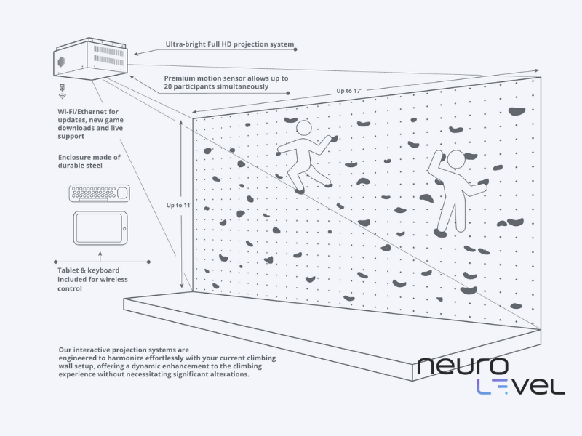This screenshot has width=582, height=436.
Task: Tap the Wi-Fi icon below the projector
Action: click(x=62, y=95)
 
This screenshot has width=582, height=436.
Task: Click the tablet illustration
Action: click(x=102, y=228)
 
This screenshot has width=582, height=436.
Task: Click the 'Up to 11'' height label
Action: click(x=179, y=206)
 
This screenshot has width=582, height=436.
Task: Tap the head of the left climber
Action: click(x=303, y=128)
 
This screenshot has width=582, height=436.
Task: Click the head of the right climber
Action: click(x=455, y=159)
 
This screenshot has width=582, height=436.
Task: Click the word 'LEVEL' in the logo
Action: click(x=519, y=386)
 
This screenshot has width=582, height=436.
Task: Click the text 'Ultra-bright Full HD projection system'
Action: click(x=229, y=45)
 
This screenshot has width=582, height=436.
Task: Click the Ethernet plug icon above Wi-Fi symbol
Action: click(x=62, y=86)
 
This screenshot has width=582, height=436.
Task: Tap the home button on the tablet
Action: click(x=124, y=228)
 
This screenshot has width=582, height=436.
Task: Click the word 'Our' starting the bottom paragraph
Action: click(x=66, y=350)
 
